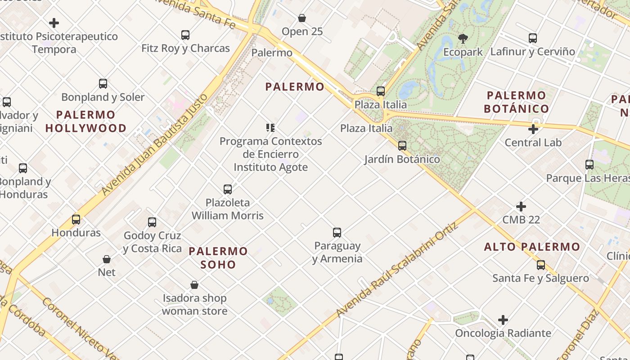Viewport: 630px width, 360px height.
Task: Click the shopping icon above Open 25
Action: click(302, 18)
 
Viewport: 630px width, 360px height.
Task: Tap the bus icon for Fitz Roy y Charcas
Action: click(185, 35)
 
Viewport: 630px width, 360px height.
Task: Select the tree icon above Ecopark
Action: click(463, 38)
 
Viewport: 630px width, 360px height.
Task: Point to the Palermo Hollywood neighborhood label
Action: click(86, 121)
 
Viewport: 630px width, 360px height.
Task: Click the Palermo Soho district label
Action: click(218, 257)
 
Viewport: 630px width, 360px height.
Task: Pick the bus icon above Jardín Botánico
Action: click(402, 145)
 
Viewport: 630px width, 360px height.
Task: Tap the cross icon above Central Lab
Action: click(533, 130)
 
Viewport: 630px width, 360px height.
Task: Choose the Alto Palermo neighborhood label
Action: click(532, 247)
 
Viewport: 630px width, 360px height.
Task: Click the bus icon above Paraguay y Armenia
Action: click(337, 233)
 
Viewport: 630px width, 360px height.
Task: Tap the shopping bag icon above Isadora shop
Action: click(194, 285)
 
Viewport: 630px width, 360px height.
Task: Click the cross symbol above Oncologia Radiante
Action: click(503, 320)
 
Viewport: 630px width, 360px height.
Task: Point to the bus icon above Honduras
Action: click(76, 220)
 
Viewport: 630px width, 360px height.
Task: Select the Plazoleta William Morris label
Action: click(228, 209)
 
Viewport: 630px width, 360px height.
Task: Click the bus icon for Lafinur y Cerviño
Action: click(533, 38)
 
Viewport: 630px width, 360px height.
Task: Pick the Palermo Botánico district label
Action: click(516, 102)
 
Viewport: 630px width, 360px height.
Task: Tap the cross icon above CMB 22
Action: click(521, 207)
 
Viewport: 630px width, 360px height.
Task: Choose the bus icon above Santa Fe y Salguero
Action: click(541, 265)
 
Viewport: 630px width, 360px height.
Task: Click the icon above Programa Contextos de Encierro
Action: click(270, 128)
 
